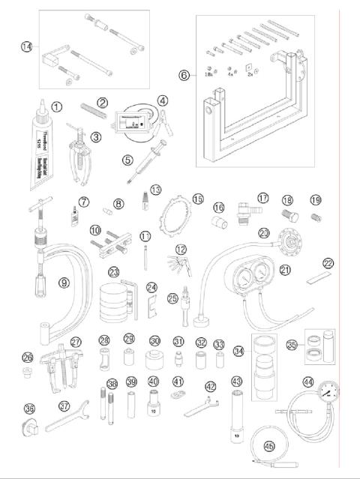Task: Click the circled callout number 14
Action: (x=26, y=46)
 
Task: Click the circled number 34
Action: (x=238, y=350)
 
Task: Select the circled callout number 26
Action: (x=28, y=357)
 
